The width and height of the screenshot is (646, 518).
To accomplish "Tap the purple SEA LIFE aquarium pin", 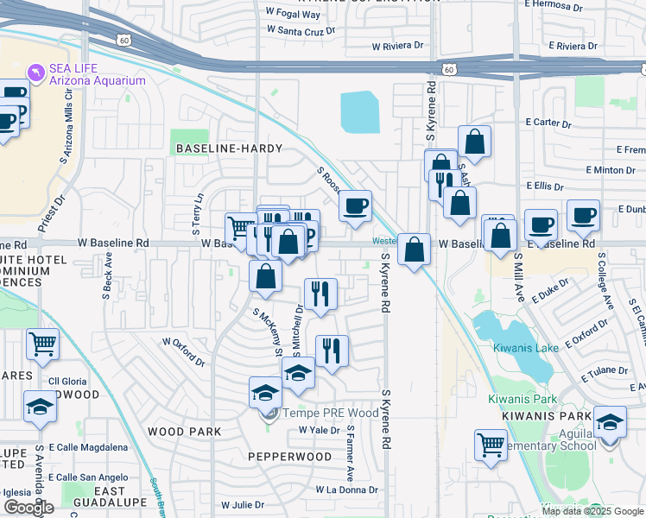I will point(35,71).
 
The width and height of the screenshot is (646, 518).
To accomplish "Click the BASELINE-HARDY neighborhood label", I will point(229,148).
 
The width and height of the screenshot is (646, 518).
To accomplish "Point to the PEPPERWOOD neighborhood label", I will point(289,456).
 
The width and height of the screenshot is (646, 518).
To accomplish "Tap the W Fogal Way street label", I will point(294,14).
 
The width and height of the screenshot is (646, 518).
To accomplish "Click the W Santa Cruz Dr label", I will point(300,29).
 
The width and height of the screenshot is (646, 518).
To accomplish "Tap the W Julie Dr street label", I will point(243,505).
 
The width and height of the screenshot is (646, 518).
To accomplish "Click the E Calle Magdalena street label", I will point(88,447).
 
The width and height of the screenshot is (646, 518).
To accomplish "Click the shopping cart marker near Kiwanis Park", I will point(491,445).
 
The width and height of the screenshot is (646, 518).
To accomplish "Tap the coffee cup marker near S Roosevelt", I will point(355,206).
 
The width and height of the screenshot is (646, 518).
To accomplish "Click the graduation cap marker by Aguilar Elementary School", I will point(610,424).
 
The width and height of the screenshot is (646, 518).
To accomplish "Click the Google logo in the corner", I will point(28,508).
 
